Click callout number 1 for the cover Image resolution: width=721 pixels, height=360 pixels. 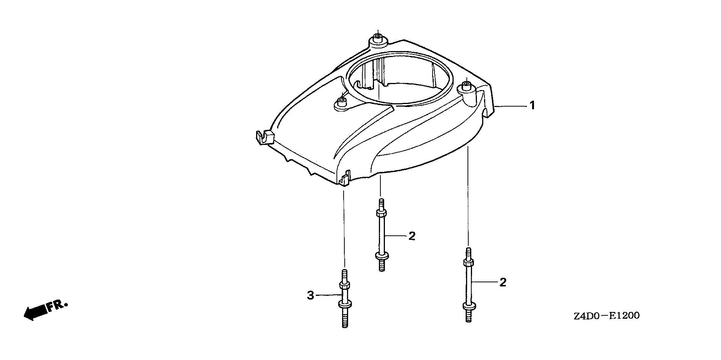pos(532,106)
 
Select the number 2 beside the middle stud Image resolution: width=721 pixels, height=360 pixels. pos(412,236)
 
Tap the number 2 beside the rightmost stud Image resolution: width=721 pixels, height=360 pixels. pos(503,282)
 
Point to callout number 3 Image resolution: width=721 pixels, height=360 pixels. pos(310,295)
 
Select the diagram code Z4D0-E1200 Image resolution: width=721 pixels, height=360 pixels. pos(606,316)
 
